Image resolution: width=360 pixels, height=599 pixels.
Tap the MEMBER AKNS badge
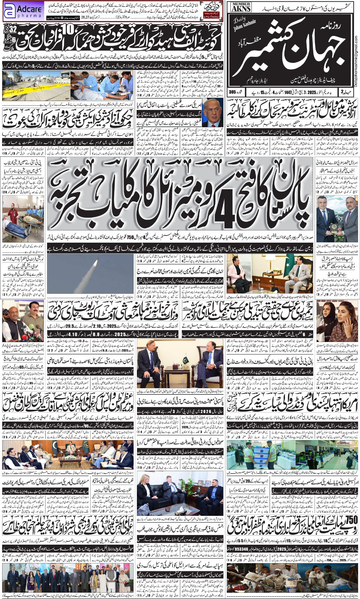click(241, 7)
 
